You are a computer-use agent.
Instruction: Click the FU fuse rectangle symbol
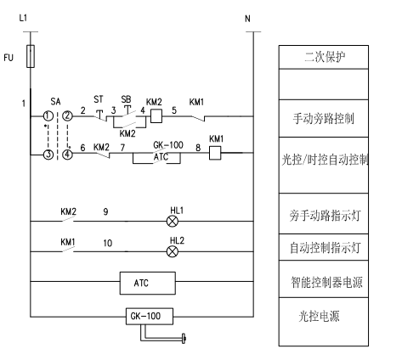tap(31, 56)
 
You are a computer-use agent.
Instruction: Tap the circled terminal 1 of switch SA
tap(48, 116)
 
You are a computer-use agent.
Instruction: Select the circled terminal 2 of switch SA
tap(67, 116)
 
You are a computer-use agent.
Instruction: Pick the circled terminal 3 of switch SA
tap(48, 155)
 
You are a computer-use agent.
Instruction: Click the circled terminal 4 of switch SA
tap(67, 155)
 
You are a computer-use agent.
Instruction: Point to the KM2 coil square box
tap(156, 116)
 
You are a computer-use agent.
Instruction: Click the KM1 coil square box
tap(215, 153)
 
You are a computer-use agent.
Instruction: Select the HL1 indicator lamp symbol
tap(173, 222)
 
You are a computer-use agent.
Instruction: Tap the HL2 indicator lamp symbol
tap(173, 251)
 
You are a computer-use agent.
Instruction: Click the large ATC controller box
tap(148, 283)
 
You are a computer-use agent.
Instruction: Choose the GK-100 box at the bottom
tap(150, 316)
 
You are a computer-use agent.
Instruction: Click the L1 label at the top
tap(23, 18)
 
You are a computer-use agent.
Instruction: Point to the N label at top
tap(247, 19)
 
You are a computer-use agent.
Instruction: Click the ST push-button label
tap(99, 99)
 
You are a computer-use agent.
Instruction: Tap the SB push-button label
tap(126, 99)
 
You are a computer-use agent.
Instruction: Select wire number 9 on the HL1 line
tap(105, 211)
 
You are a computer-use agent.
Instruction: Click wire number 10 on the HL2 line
tap(108, 243)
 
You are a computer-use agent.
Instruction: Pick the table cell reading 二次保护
tap(324, 57)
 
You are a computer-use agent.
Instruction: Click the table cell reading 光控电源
tap(324, 322)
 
